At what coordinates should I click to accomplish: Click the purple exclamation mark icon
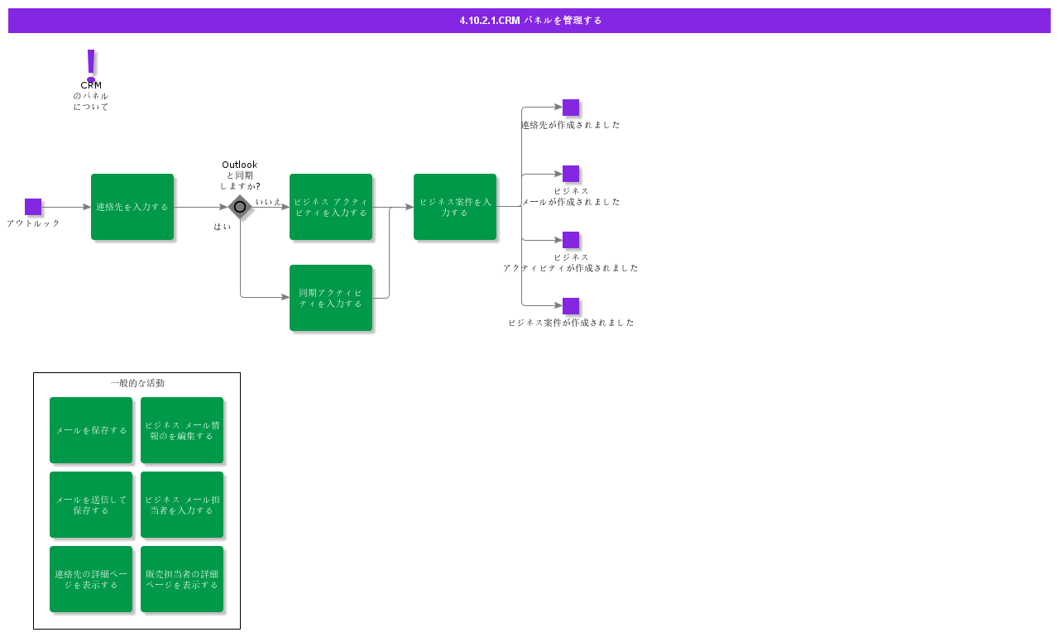click(x=91, y=65)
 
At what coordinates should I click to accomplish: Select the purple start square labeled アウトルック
click(x=33, y=207)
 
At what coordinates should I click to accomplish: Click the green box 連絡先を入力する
click(x=132, y=207)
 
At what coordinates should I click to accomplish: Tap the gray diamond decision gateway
click(x=240, y=207)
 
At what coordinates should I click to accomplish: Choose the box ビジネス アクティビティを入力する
click(x=331, y=207)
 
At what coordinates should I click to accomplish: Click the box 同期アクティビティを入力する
click(x=331, y=298)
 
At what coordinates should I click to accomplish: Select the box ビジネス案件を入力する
click(x=455, y=207)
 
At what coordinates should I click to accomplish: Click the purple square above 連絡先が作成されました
click(x=571, y=108)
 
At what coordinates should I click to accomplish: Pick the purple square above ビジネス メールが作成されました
click(x=571, y=174)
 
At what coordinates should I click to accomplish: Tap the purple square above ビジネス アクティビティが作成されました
click(x=571, y=240)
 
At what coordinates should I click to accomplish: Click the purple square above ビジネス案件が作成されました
click(x=571, y=306)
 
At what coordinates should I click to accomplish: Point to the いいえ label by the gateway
click(x=268, y=202)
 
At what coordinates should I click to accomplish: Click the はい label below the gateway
click(x=223, y=227)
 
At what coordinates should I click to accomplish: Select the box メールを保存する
click(x=91, y=430)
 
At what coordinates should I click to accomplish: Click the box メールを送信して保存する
click(x=91, y=505)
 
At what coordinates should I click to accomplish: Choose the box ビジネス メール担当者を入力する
click(x=182, y=505)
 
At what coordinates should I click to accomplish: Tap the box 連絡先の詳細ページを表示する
click(x=91, y=579)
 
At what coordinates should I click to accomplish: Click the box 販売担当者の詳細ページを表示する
click(x=182, y=579)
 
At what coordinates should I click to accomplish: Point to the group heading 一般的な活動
click(x=137, y=383)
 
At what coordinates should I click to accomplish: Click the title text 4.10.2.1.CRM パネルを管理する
click(x=530, y=21)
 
